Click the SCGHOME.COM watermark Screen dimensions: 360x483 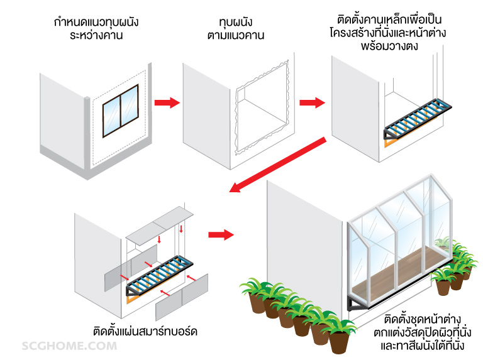(65, 346)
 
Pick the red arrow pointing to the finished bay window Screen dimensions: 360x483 (220, 234)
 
